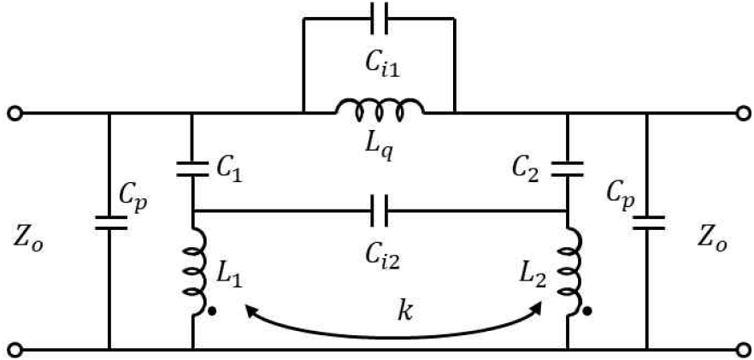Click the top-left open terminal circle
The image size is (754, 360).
tap(15, 114)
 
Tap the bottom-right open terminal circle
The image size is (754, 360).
tap(744, 349)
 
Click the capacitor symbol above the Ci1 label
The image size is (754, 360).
tap(380, 18)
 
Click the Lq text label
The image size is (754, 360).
tap(380, 147)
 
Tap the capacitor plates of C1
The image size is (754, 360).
tap(192, 169)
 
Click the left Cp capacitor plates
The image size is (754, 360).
tap(110, 223)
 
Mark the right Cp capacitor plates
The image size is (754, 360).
tap(648, 223)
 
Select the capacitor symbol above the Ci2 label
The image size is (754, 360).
tap(380, 211)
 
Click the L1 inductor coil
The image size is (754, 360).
tap(197, 272)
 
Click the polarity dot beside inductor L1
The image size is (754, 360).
tap(212, 312)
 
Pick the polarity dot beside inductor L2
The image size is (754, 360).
tap(586, 312)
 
